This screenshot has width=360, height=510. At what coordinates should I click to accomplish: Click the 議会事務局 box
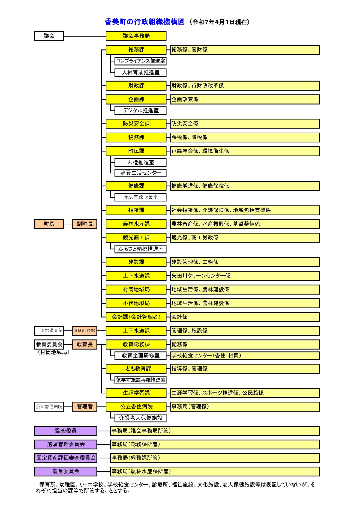point(136,36)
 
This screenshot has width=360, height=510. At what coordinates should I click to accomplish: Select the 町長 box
point(49,224)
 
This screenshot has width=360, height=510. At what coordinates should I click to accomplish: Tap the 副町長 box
point(85,224)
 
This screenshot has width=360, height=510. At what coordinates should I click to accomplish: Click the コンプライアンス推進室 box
point(140,61)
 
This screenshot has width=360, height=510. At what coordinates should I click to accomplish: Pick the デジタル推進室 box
point(140,110)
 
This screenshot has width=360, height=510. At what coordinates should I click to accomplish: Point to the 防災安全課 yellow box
point(136,124)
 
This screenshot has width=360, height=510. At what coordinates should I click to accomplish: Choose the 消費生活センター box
point(140,173)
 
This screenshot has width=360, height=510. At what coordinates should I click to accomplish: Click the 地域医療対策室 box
point(140,197)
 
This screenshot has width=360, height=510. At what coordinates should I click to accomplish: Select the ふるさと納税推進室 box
point(140,249)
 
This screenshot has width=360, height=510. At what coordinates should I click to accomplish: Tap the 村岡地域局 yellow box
point(136,289)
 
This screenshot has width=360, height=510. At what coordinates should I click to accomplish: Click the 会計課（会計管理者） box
point(136,317)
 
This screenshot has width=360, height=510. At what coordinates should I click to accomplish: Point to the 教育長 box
point(85,345)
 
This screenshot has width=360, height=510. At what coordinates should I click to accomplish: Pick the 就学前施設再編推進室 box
point(140,380)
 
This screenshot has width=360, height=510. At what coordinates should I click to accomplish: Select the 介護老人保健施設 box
point(140,418)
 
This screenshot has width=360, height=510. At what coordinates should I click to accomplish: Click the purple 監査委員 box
point(65,431)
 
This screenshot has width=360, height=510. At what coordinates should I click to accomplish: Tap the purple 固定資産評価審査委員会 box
point(65,458)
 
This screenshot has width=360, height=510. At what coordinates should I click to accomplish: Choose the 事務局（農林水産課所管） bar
point(215,471)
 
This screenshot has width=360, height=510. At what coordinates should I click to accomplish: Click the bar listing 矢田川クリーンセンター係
point(244,276)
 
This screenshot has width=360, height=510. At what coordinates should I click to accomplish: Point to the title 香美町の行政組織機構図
point(145,22)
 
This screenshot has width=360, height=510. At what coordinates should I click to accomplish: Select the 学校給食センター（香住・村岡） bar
point(244,355)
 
